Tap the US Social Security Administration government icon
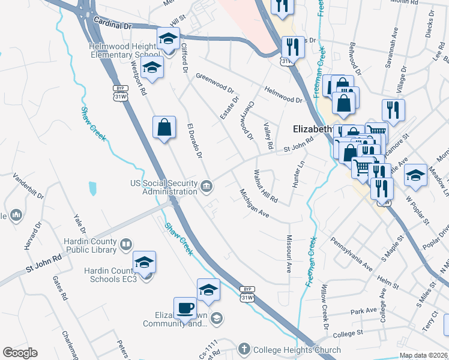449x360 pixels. pyautogui.click(x=206, y=186)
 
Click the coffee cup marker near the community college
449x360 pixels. pyautogui.click(x=185, y=307)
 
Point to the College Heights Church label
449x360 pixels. pyautogui.click(x=297, y=350)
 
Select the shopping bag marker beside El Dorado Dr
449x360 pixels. pyautogui.click(x=164, y=127)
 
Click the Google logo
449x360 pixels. pyautogui.click(x=20, y=353)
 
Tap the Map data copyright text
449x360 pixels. pyautogui.click(x=423, y=355)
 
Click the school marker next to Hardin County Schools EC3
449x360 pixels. pyautogui.click(x=144, y=262)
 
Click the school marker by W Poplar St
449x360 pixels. pyautogui.click(x=415, y=175)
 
